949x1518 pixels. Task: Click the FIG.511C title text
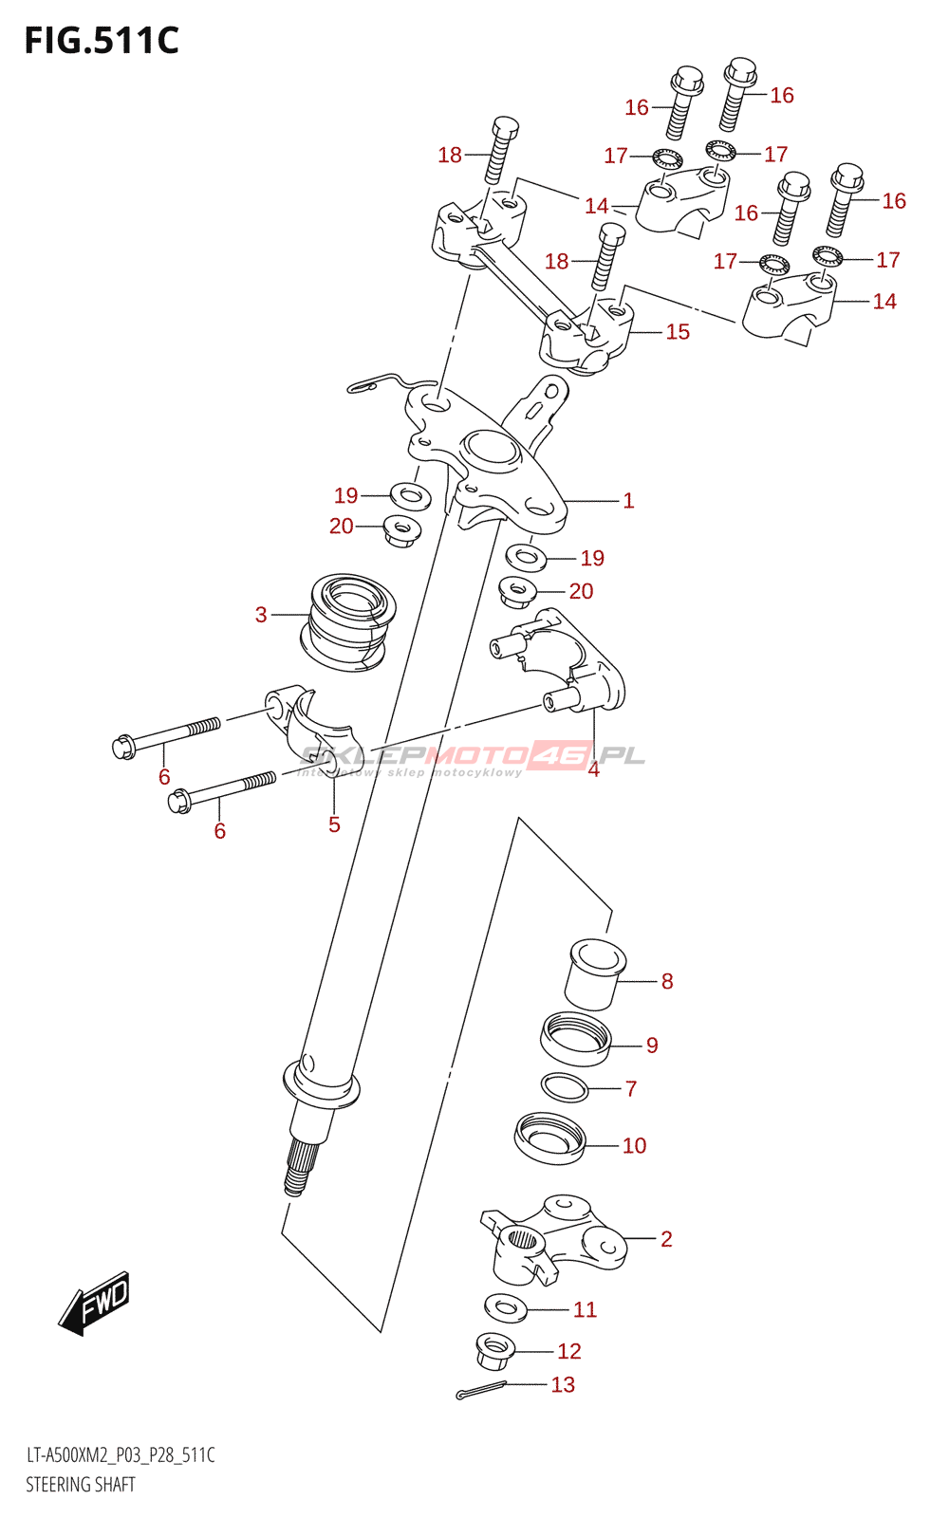(x=102, y=41)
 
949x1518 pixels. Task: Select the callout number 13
(x=563, y=1385)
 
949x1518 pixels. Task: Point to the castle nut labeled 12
(x=494, y=1351)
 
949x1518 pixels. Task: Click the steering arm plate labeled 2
(x=560, y=1238)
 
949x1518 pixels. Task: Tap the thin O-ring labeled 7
(x=565, y=1087)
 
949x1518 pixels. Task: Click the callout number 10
(x=634, y=1146)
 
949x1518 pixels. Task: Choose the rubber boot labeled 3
(x=348, y=621)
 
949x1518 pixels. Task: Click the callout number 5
(x=334, y=824)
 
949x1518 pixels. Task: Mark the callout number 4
(x=593, y=769)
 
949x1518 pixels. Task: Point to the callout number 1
(x=628, y=501)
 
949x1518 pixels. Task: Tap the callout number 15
(x=678, y=332)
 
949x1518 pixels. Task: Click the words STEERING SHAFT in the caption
(x=81, y=1485)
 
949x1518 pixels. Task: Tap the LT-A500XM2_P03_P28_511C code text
(x=121, y=1455)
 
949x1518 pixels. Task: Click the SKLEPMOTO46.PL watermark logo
(x=473, y=756)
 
